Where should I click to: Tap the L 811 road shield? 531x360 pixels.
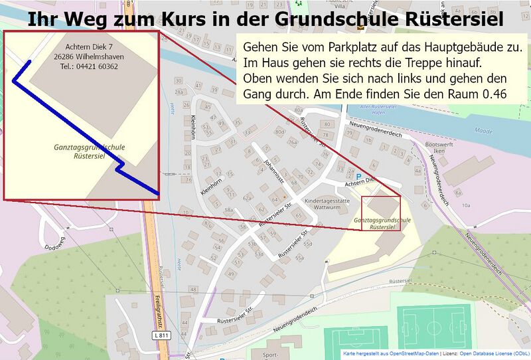(x=161, y=336)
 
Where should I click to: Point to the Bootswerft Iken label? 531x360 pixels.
(x=438, y=147)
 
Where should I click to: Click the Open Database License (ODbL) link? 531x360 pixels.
(x=494, y=353)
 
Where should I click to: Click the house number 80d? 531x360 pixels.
(x=279, y=132)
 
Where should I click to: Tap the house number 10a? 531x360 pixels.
(x=466, y=205)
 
